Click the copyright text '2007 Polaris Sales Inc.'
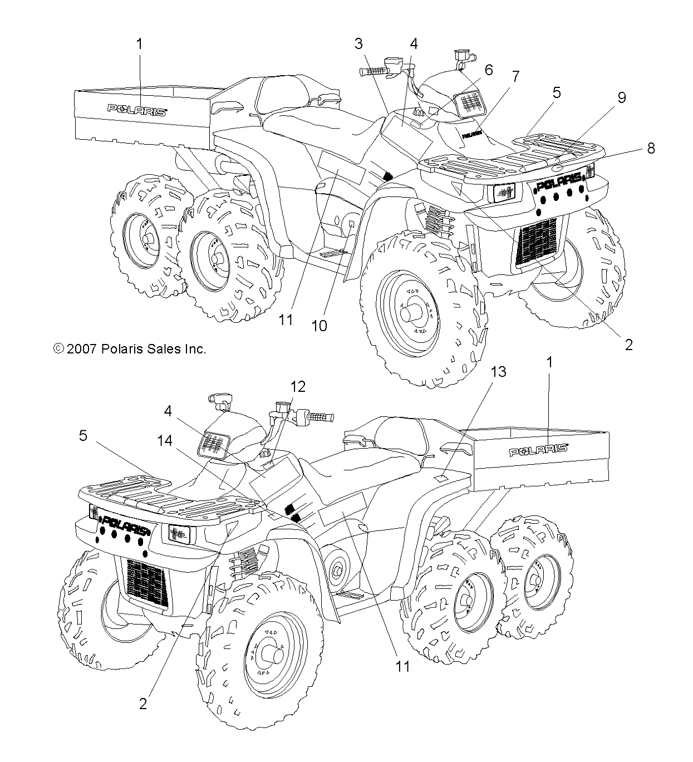point(130,349)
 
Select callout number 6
point(489,70)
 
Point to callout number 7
point(516,76)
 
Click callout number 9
point(621,97)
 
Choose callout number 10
point(319,326)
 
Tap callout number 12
point(298,386)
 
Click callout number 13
point(498,371)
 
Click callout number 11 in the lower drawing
point(402,665)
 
